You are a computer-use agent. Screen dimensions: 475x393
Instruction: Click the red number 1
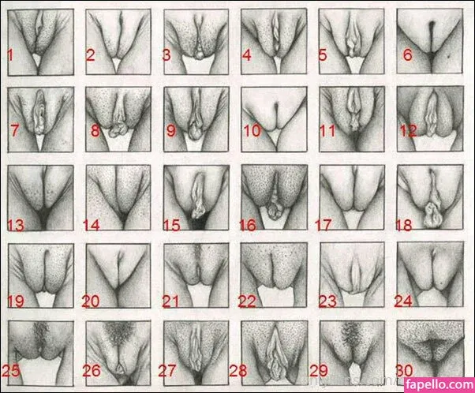[10, 55]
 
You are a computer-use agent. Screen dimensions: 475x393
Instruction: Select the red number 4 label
[247, 55]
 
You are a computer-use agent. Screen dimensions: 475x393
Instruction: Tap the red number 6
[408, 55]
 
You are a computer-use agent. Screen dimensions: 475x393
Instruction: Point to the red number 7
[14, 130]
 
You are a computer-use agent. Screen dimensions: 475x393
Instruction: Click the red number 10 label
[252, 130]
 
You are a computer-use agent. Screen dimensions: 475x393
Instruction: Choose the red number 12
[409, 130]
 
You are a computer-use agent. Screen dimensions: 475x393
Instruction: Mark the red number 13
[16, 226]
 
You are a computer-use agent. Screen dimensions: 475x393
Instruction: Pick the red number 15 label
[172, 226]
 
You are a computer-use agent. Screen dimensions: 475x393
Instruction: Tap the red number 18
[404, 226]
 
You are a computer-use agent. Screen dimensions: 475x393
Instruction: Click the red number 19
[16, 301]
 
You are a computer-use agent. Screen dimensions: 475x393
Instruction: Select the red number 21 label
[170, 301]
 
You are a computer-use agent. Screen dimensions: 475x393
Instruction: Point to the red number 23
[327, 301]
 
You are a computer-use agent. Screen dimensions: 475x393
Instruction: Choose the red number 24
[403, 301]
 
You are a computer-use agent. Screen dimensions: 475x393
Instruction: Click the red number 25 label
[11, 371]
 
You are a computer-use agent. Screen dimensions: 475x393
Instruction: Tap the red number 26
[92, 371]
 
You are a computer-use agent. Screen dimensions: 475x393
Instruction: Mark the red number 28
[238, 371]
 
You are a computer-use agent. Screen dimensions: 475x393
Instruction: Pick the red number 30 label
[405, 371]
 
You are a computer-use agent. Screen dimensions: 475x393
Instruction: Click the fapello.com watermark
[440, 385]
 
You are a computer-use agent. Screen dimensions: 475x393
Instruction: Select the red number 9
[171, 130]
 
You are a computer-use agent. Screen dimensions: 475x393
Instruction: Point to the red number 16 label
[248, 226]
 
